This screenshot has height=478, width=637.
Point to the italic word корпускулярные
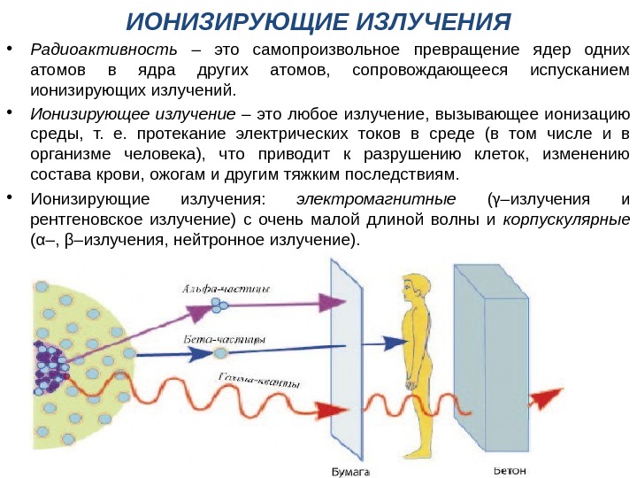tap(566, 220)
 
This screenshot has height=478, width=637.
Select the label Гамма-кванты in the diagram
tap(257, 382)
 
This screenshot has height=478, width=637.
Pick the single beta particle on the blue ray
tap(220, 353)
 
